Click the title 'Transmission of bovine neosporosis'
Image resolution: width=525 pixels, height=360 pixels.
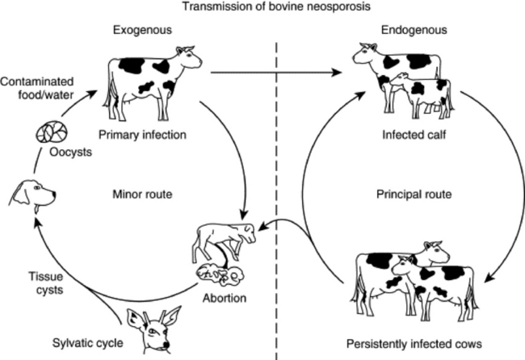click(x=262, y=8)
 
